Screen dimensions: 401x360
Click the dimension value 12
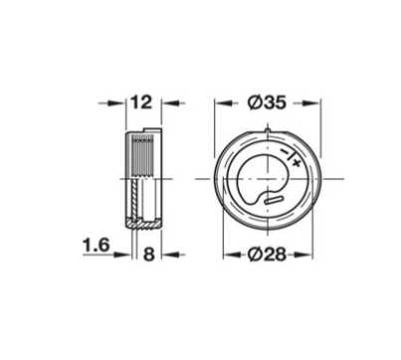141,102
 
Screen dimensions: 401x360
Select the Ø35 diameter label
267,102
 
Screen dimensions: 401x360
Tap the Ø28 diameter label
267,255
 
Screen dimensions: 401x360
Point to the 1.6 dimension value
96,246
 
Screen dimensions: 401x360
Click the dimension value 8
149,255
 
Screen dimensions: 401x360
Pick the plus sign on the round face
296,162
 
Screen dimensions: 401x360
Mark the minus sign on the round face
285,152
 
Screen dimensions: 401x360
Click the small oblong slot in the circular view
274,200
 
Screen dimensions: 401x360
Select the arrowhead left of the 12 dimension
119,103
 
